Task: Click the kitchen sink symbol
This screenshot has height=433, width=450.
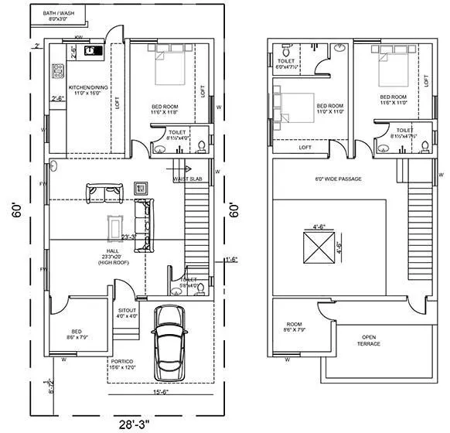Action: click(x=92, y=52)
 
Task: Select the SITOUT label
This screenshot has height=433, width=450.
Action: click(x=127, y=312)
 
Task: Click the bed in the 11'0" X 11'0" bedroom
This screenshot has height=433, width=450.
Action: click(x=287, y=108)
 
